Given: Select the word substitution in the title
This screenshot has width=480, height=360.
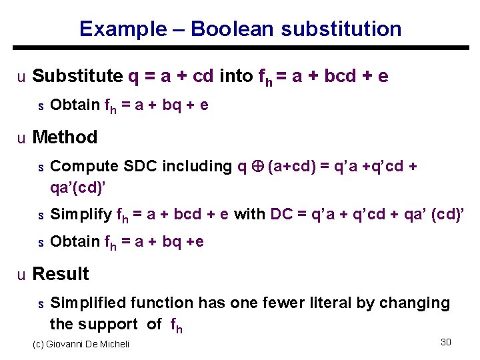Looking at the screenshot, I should click(341, 29).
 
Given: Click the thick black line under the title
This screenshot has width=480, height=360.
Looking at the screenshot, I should click(240, 48).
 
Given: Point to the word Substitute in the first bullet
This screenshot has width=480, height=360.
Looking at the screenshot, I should click(77, 76).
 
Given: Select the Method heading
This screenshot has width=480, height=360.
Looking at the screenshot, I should click(65, 137).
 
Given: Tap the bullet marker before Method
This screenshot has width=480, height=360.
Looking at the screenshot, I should click(21, 138).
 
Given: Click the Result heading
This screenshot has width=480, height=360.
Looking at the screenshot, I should click(61, 274).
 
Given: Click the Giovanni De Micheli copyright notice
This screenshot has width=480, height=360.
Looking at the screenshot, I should click(81, 344).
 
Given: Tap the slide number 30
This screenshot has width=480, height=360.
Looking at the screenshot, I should click(446, 342).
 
